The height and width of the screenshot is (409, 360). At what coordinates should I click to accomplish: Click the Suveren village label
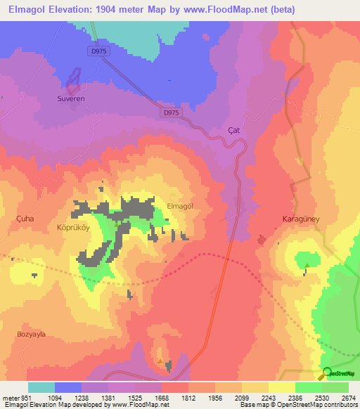click(70, 99)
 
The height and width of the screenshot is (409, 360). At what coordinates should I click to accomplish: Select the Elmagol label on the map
click(180, 206)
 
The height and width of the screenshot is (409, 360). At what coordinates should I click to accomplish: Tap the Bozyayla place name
click(32, 334)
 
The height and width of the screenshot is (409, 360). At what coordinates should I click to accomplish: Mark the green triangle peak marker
click(307, 265)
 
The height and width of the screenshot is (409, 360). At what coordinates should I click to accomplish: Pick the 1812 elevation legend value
click(188, 398)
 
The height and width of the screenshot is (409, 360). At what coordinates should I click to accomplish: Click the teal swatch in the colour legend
click(41, 387)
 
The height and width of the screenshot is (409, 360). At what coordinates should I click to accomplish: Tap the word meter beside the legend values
click(10, 398)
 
